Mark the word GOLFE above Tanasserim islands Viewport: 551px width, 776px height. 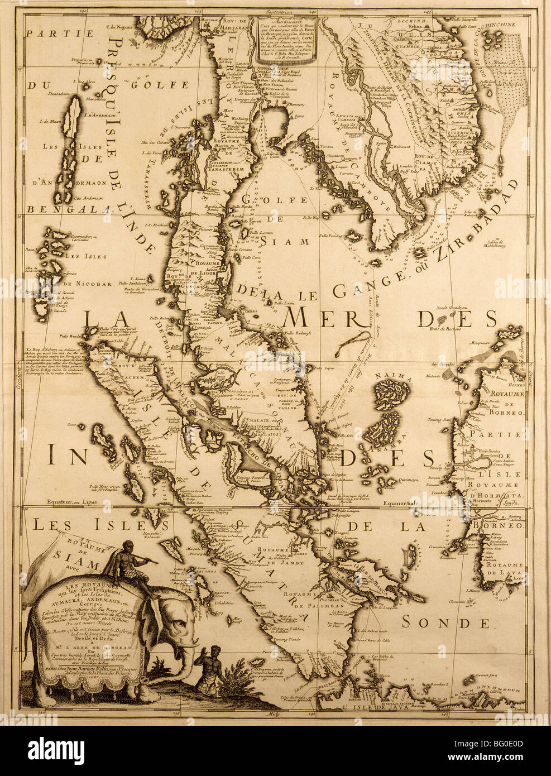tap(152, 85)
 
